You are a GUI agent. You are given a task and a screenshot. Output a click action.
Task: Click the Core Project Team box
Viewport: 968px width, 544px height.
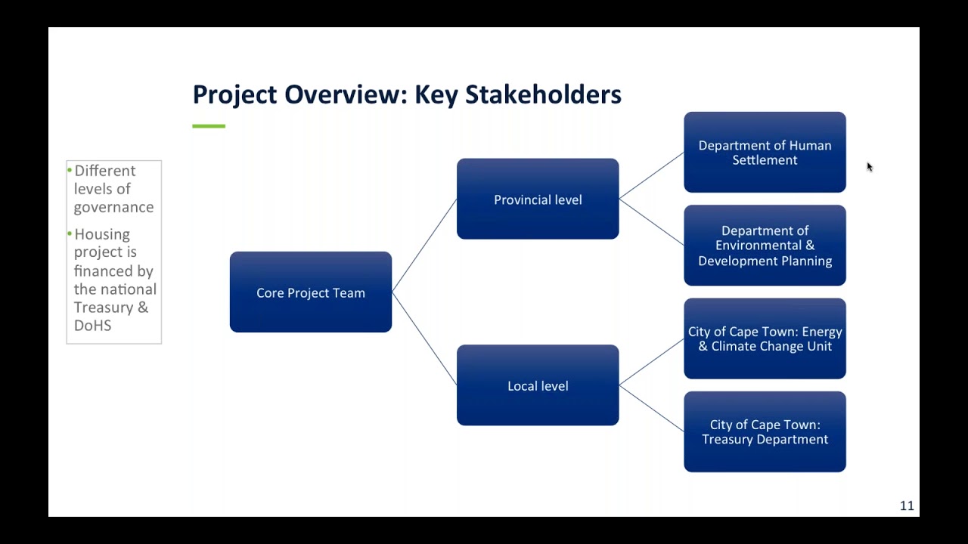click(311, 292)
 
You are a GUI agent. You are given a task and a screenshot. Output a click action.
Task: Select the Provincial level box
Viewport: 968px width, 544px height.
click(538, 199)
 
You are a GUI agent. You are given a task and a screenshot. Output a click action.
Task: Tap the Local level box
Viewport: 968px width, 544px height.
click(538, 385)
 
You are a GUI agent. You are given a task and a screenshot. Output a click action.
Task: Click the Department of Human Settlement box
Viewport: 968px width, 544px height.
click(765, 153)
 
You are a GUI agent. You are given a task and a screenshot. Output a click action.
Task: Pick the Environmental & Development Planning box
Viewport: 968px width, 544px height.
click(765, 246)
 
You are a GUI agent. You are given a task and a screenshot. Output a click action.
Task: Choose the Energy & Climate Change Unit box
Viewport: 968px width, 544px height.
click(765, 338)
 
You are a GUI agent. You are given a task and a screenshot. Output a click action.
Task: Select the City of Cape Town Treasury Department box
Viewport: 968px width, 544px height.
click(765, 431)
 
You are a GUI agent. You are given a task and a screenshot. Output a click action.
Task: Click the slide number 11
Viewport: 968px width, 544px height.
click(907, 506)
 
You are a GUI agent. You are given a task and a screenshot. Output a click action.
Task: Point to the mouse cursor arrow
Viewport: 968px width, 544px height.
click(869, 166)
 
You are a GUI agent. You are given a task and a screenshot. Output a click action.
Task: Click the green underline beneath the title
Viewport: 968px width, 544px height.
click(209, 126)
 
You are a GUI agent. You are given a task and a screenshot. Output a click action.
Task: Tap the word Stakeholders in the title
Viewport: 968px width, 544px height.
click(543, 94)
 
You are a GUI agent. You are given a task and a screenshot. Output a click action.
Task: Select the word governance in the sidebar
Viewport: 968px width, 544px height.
click(113, 207)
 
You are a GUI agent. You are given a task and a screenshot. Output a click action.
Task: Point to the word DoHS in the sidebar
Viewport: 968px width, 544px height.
click(92, 326)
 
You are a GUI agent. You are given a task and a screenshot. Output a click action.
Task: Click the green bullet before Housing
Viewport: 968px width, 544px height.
click(70, 234)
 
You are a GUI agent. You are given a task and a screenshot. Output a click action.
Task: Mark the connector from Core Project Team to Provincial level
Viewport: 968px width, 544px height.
click(424, 246)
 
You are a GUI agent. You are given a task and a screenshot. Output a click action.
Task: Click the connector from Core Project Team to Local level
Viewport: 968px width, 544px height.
click(424, 338)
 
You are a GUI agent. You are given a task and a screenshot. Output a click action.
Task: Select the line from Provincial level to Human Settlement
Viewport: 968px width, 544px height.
click(651, 176)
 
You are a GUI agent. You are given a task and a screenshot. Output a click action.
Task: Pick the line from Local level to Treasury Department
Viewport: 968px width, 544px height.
click(651, 409)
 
